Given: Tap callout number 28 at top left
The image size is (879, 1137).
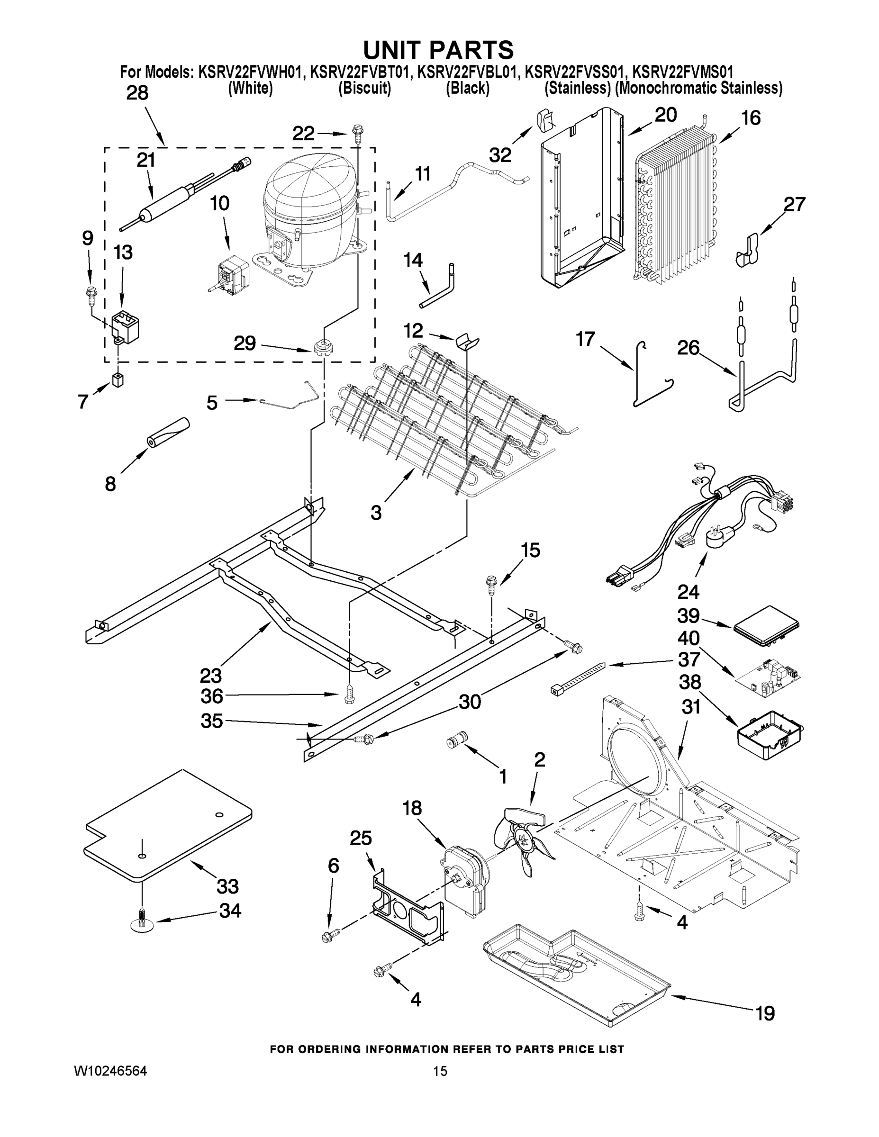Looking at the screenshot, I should pos(137,93).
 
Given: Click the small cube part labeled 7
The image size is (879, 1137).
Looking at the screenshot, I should pos(118,380).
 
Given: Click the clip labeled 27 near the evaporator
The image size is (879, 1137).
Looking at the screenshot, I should pos(748,249).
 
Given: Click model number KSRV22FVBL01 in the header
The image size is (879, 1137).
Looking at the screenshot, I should pos(468,72).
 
